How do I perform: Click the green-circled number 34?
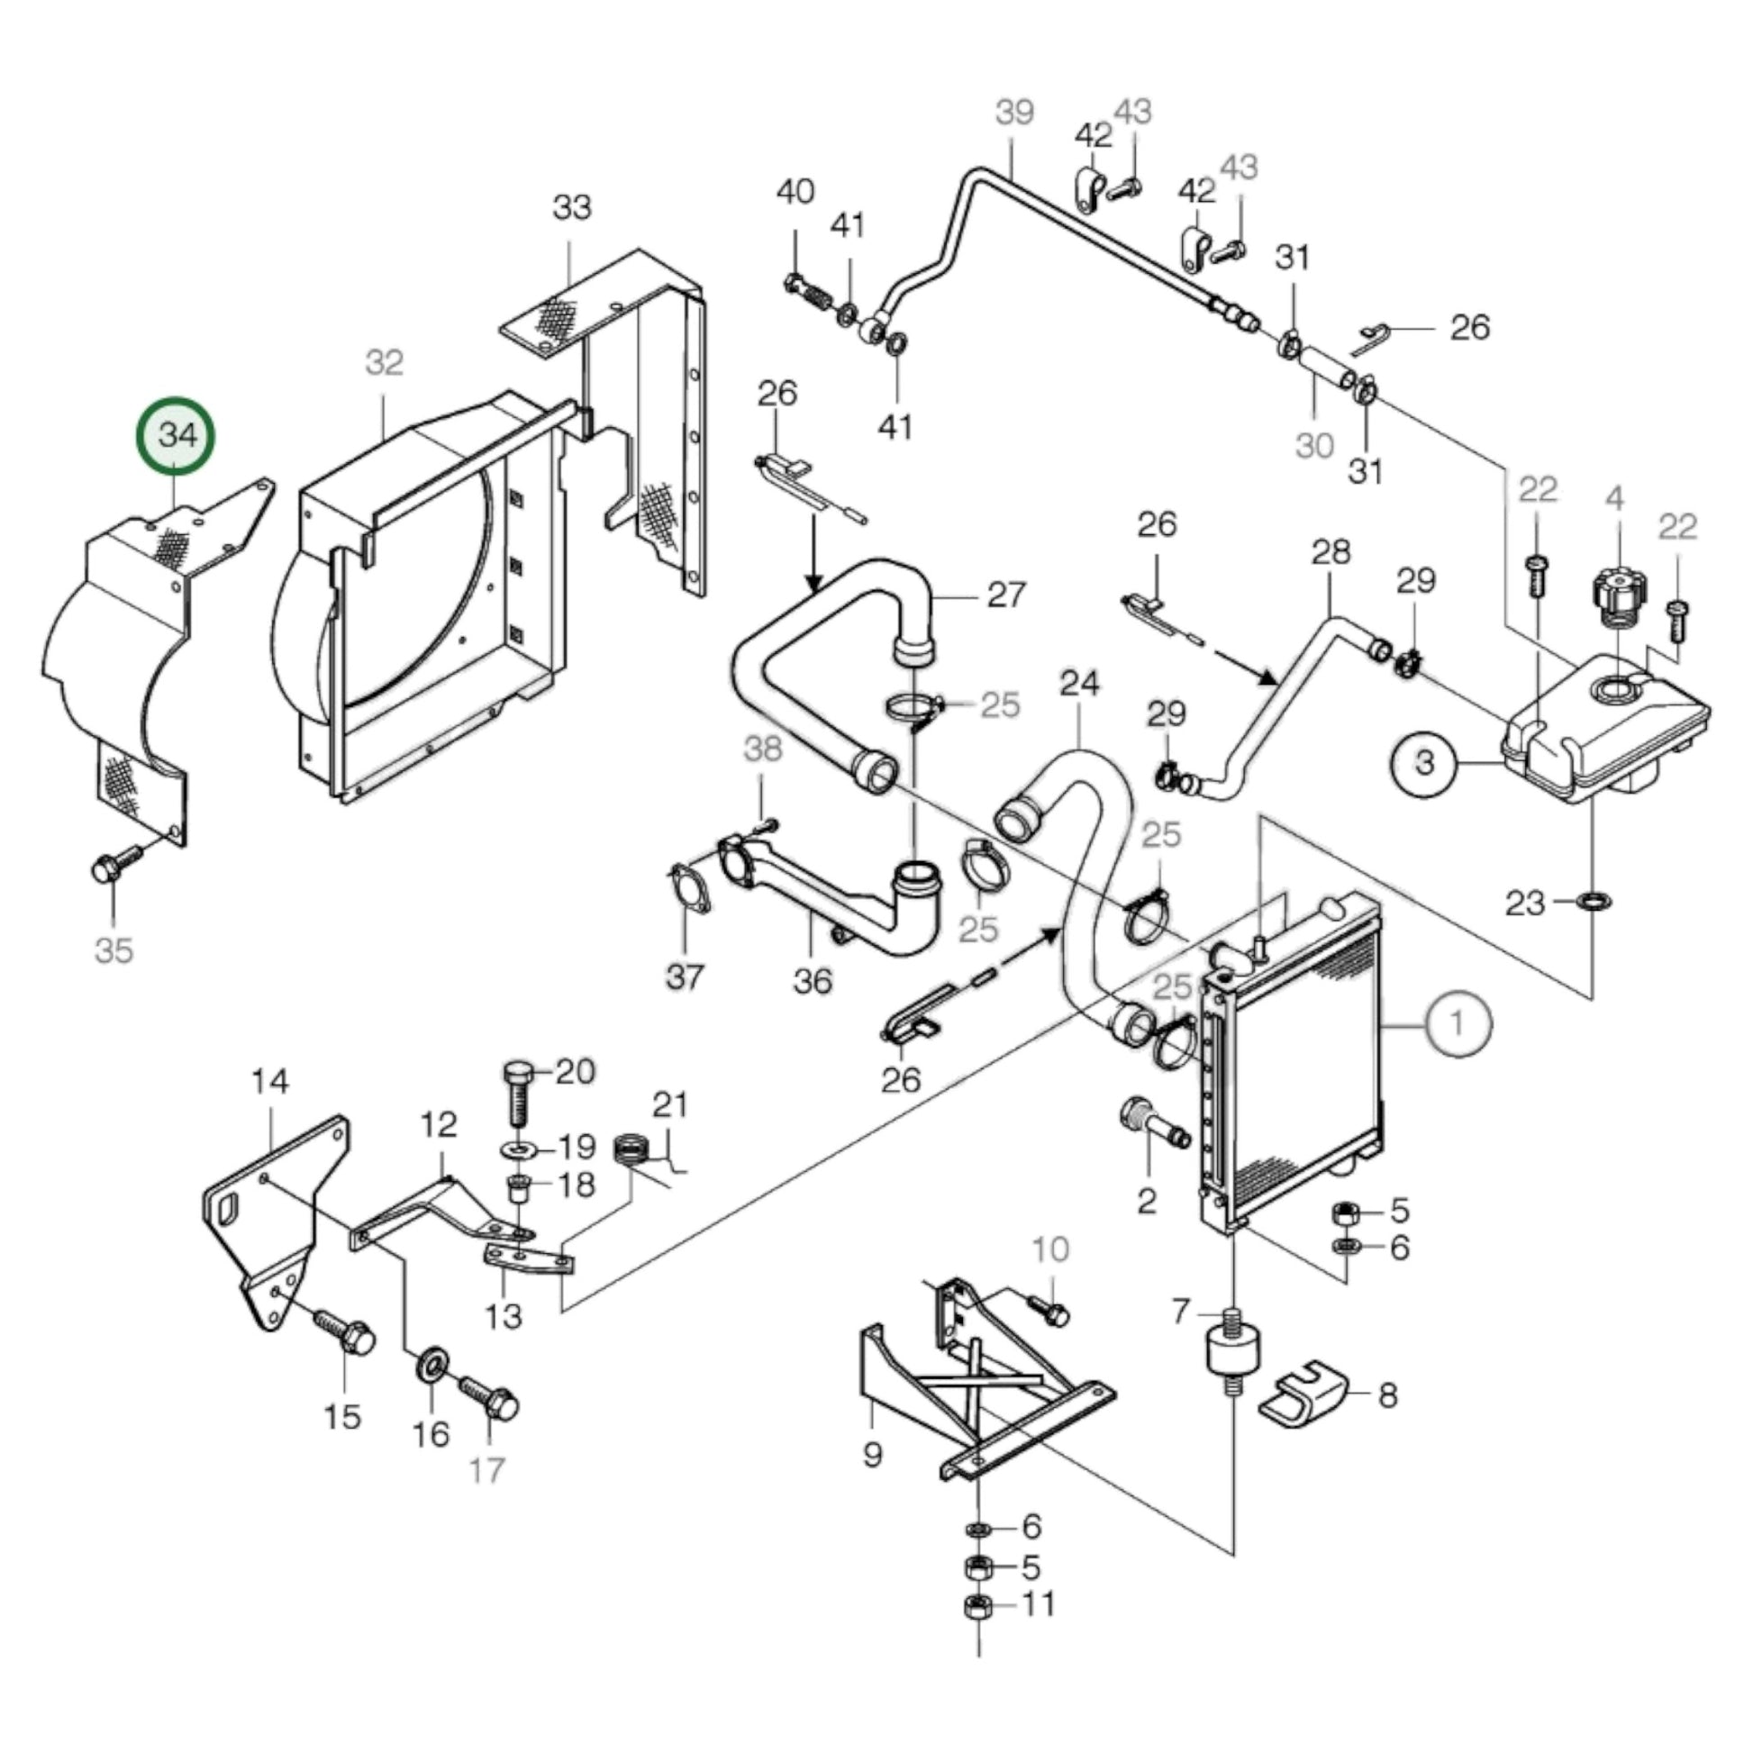[176, 435]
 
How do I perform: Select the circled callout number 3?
[1424, 762]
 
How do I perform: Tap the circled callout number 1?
[1458, 1023]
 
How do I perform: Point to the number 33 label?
[572, 208]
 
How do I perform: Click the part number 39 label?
[1013, 113]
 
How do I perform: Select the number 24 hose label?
[1079, 683]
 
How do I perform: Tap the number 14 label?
[269, 1082]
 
